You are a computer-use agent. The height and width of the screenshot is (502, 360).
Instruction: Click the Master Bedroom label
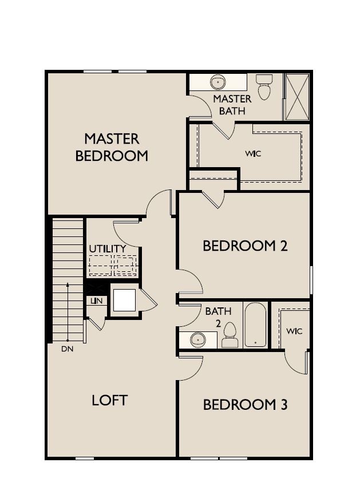[112, 147]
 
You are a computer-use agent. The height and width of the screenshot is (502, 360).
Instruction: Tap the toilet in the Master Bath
[264, 87]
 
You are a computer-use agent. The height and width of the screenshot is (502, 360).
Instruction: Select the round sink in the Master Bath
[219, 82]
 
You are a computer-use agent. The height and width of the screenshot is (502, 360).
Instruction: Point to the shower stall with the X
[297, 96]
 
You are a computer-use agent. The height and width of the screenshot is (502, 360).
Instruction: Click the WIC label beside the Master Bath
[253, 153]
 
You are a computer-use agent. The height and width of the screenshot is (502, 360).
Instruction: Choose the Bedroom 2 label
[245, 246]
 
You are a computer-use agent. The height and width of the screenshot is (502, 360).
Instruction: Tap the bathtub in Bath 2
[255, 325]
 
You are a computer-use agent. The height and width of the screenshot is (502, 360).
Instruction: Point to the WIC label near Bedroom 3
[294, 331]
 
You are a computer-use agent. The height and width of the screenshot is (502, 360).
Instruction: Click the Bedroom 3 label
[245, 405]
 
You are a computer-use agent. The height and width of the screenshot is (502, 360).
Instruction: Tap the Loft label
[109, 400]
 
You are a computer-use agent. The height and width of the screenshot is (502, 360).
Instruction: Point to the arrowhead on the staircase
[68, 284]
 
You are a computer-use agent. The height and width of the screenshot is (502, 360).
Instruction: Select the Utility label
[107, 248]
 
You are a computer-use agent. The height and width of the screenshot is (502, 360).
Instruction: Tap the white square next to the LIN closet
[124, 299]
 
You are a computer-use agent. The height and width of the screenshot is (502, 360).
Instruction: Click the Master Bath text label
[232, 104]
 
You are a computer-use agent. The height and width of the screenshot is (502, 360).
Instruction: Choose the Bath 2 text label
[218, 317]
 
